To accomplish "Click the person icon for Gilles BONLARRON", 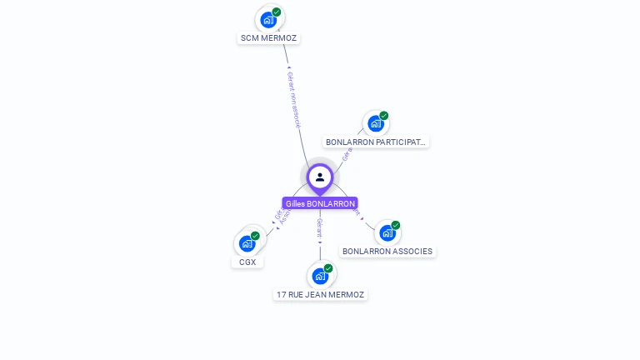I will pyautogui.click(x=320, y=177).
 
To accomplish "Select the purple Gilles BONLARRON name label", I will pyautogui.click(x=320, y=203).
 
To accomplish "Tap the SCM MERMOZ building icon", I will pyautogui.click(x=267, y=19).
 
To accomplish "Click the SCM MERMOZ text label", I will pyautogui.click(x=268, y=38).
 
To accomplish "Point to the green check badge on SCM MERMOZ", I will pyautogui.click(x=277, y=12).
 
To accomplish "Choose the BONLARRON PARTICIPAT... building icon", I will pyautogui.click(x=375, y=123).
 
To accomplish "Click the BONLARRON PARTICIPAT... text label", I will pyautogui.click(x=376, y=142).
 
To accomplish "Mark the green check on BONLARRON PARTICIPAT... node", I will pyautogui.click(x=384, y=116).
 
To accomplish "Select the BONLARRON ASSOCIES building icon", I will pyautogui.click(x=387, y=232).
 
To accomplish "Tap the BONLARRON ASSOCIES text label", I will pyautogui.click(x=387, y=252).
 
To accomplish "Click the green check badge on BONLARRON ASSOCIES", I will pyautogui.click(x=396, y=225).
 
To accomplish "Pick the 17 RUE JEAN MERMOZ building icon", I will pyautogui.click(x=319, y=276).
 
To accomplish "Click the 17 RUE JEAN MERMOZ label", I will pyautogui.click(x=320, y=295).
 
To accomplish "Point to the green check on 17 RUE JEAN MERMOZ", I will pyautogui.click(x=328, y=268).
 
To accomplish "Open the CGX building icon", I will pyautogui.click(x=247, y=243).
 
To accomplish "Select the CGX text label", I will pyautogui.click(x=247, y=262).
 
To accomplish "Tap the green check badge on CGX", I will pyautogui.click(x=255, y=236).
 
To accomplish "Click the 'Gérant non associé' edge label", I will pyautogui.click(x=293, y=100).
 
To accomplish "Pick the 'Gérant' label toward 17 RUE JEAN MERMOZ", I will pyautogui.click(x=319, y=228).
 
